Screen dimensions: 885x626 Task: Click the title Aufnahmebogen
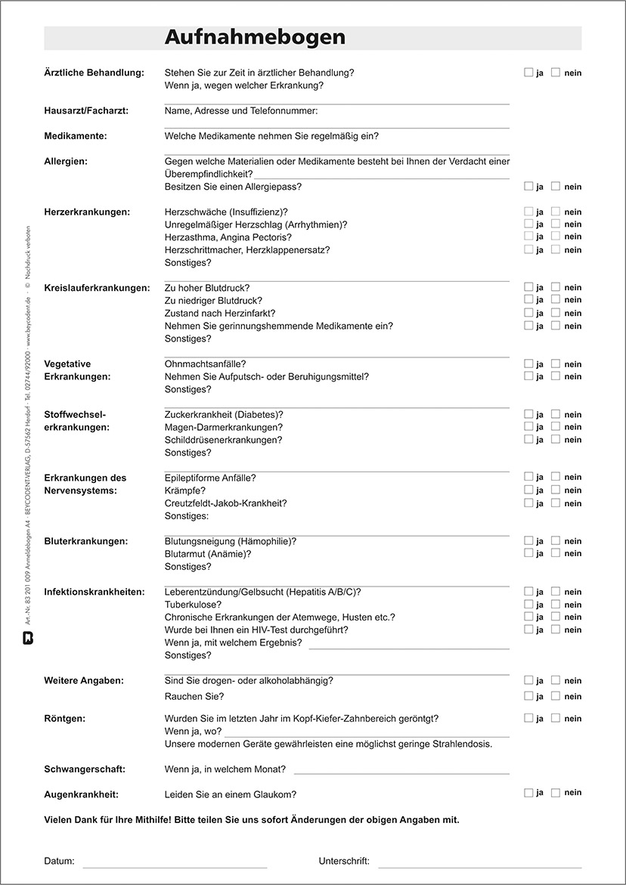click(255, 38)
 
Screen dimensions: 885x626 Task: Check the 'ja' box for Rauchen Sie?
click(528, 696)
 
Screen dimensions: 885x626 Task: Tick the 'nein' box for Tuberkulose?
click(556, 605)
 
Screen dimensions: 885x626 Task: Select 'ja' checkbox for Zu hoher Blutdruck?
click(528, 287)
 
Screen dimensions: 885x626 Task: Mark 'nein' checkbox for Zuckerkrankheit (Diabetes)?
click(556, 414)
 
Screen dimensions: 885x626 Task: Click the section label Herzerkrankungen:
click(87, 212)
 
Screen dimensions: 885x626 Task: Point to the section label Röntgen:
click(64, 719)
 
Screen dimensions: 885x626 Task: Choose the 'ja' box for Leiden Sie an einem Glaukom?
click(528, 793)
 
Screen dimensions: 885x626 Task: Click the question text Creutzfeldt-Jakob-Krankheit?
click(225, 503)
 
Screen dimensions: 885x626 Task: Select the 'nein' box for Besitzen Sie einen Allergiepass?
click(556, 186)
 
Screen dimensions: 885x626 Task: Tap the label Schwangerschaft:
click(85, 769)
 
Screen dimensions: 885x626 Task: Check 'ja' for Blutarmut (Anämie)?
click(528, 553)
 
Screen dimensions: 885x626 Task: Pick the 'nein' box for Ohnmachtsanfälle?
click(556, 364)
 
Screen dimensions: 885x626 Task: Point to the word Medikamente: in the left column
click(76, 136)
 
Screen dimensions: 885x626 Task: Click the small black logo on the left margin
click(28, 636)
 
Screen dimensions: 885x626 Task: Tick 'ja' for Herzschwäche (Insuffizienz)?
click(528, 212)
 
